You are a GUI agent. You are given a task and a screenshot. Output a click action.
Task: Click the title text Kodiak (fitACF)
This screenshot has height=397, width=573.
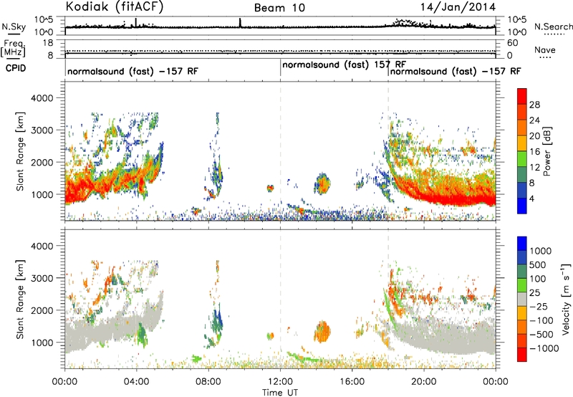[x=115, y=6]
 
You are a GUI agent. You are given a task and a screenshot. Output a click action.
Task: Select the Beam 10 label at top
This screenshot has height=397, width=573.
[x=279, y=8]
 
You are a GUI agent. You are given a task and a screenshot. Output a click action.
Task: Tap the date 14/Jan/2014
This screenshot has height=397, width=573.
[x=458, y=7]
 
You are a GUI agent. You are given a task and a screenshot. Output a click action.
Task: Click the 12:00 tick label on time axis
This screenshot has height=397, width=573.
[x=280, y=382]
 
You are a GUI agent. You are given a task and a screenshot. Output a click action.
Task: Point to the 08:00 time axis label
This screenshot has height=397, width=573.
[x=208, y=382]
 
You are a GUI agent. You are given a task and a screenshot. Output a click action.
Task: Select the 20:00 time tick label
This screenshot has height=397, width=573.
[x=423, y=382]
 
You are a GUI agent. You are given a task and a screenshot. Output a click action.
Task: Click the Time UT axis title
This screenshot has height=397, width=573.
[x=280, y=393]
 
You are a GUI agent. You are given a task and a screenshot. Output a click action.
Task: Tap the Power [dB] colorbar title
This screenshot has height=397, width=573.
[x=547, y=151]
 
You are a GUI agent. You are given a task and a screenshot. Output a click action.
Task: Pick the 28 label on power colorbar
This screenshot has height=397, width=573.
[x=534, y=105]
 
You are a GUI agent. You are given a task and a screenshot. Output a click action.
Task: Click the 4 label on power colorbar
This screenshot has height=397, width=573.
[x=531, y=199]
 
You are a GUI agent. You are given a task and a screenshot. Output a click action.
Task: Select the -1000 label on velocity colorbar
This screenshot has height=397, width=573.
[x=544, y=348]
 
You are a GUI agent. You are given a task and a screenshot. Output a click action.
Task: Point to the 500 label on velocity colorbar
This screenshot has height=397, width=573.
[x=538, y=265]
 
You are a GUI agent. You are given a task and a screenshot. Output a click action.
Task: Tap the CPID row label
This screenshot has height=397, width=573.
[x=16, y=68]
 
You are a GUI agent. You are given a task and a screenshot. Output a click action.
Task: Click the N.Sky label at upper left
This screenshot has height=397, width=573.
[x=14, y=27]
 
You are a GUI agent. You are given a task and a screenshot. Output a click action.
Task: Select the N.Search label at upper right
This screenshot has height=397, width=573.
[x=553, y=27]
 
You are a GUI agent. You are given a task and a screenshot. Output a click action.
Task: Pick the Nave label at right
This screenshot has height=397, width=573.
[x=545, y=50]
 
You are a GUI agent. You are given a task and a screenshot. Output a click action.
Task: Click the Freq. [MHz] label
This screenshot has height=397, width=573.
[x=13, y=48]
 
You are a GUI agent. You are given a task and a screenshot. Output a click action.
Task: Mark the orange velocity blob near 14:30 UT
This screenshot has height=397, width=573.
[x=322, y=332]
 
